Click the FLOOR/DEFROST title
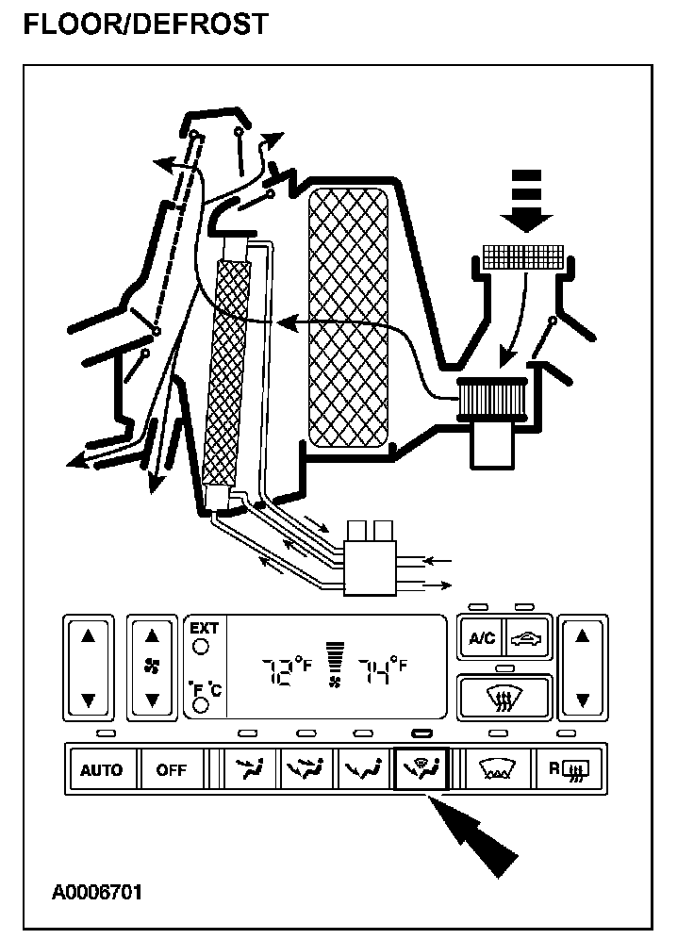(144, 23)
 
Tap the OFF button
(172, 769)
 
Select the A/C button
(481, 638)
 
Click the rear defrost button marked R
(570, 769)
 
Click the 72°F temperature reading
(285, 670)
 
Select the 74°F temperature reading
(382, 670)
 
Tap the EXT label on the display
(204, 628)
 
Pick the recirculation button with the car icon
(526, 638)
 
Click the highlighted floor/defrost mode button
(421, 769)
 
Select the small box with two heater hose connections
(371, 560)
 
